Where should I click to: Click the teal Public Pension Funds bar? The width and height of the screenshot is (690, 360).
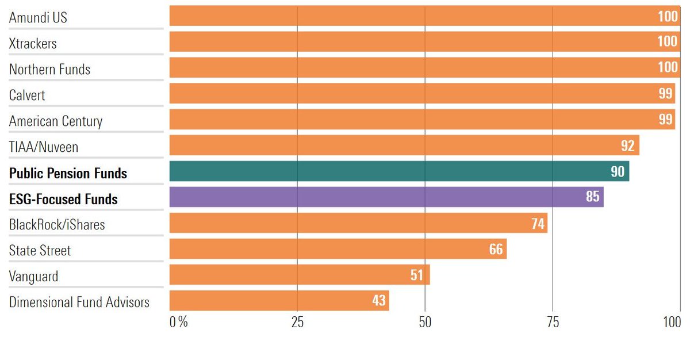pyautogui.click(x=399, y=171)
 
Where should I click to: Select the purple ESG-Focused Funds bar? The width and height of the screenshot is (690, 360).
pyautogui.click(x=386, y=197)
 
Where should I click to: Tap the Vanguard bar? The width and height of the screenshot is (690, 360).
pyautogui.click(x=300, y=275)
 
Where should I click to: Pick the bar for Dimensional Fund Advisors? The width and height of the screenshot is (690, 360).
pyautogui.click(x=279, y=301)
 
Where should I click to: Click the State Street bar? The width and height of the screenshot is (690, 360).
pyautogui.click(x=338, y=249)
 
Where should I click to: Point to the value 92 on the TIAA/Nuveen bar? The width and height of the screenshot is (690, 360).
pyautogui.click(x=627, y=146)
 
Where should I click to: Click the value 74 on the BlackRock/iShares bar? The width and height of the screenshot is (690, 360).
pyautogui.click(x=538, y=224)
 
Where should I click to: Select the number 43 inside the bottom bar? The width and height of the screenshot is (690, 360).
pyautogui.click(x=378, y=301)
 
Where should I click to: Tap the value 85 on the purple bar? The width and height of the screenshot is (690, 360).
pyautogui.click(x=592, y=197)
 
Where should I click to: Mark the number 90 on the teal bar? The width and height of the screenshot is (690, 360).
pyautogui.click(x=618, y=172)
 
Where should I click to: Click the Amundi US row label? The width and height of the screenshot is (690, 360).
pyautogui.click(x=38, y=18)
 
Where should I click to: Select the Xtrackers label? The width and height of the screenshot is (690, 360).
pyautogui.click(x=33, y=44)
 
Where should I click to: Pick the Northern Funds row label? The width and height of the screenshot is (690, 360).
pyautogui.click(x=49, y=70)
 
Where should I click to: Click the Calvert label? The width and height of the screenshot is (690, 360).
pyautogui.click(x=28, y=95)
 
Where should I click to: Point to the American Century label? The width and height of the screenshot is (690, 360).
pyautogui.click(x=56, y=121)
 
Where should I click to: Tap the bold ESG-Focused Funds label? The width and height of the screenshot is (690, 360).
pyautogui.click(x=63, y=200)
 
